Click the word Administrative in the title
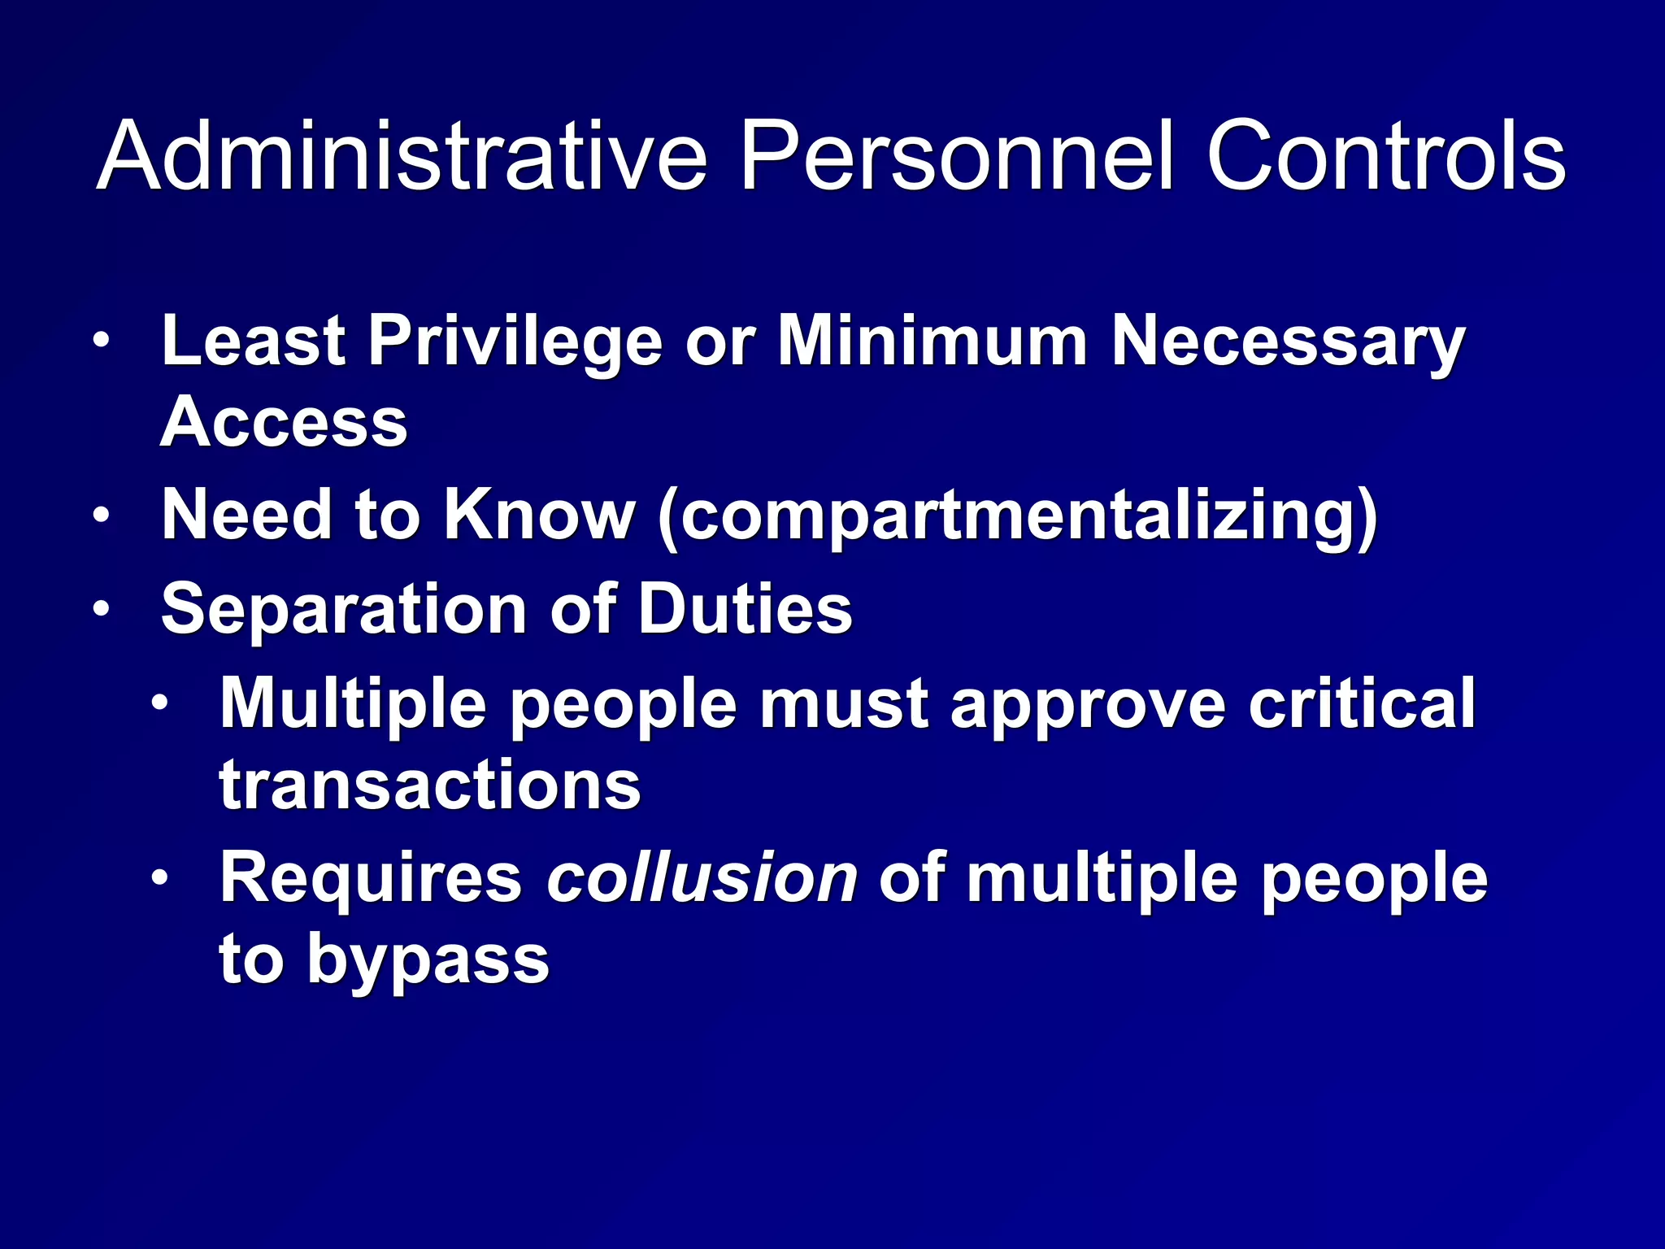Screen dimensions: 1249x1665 pyautogui.click(x=402, y=155)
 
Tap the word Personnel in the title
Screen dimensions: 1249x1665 pyautogui.click(x=956, y=155)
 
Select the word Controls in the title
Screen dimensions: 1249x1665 pyautogui.click(x=1385, y=155)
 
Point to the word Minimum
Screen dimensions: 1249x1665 pyautogui.click(x=932, y=342)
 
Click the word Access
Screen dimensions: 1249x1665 pyautogui.click(x=284, y=423)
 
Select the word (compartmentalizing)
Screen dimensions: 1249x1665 pyautogui.click(x=1017, y=517)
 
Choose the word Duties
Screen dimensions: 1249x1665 pyautogui.click(x=745, y=609)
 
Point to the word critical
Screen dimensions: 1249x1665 pyautogui.click(x=1362, y=703)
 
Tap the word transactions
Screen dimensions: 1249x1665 pyautogui.click(x=430, y=786)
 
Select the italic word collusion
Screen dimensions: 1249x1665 pyautogui.click(x=702, y=877)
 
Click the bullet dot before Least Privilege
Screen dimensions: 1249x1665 pyautogui.click(x=101, y=342)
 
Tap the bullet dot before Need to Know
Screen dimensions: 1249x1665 pyautogui.click(x=101, y=516)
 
